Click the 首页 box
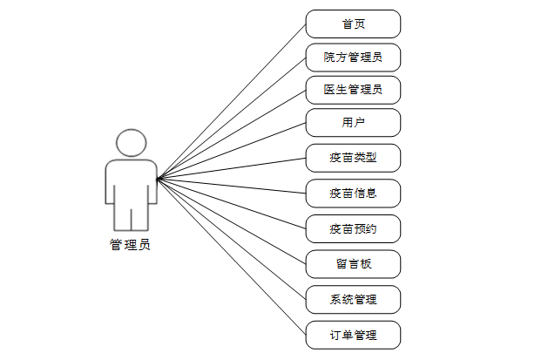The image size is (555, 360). tap(353, 24)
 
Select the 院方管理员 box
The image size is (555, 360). tap(353, 58)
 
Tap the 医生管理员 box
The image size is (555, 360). tap(353, 90)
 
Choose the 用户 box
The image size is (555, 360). tap(353, 123)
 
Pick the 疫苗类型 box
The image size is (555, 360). tap(353, 158)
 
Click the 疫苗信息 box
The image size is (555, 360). tap(353, 193)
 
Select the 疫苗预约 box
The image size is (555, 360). tap(353, 228)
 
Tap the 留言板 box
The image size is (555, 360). tap(353, 263)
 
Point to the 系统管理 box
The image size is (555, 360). tap(353, 299)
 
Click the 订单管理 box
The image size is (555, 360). tap(353, 335)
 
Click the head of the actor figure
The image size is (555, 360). tap(131, 143)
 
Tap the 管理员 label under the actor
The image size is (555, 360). tap(130, 245)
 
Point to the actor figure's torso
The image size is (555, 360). tap(131, 183)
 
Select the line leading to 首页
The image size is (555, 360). tap(231, 102)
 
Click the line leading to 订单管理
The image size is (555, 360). tap(231, 257)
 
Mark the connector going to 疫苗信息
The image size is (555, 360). tap(231, 186)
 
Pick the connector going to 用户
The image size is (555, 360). tap(231, 152)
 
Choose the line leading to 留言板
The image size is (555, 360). tap(231, 221)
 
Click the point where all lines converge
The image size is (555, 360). tap(158, 180)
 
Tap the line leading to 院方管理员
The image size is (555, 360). tap(231, 119)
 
